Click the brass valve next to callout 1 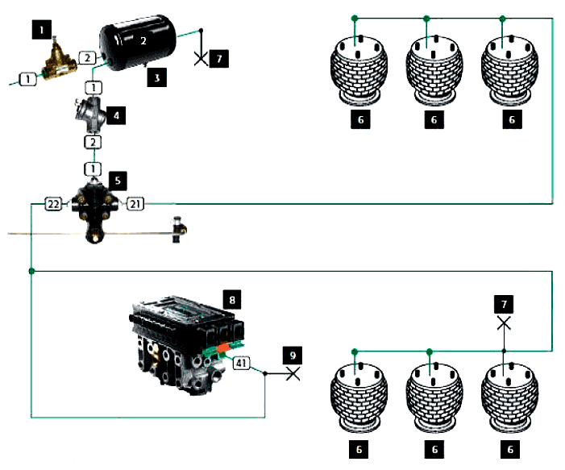60,62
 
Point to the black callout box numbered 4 117,115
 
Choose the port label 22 53,205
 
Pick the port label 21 136,205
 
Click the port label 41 242,364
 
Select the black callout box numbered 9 294,354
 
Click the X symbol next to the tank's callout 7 201,58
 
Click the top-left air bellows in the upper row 356,66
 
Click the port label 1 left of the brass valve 29,78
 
